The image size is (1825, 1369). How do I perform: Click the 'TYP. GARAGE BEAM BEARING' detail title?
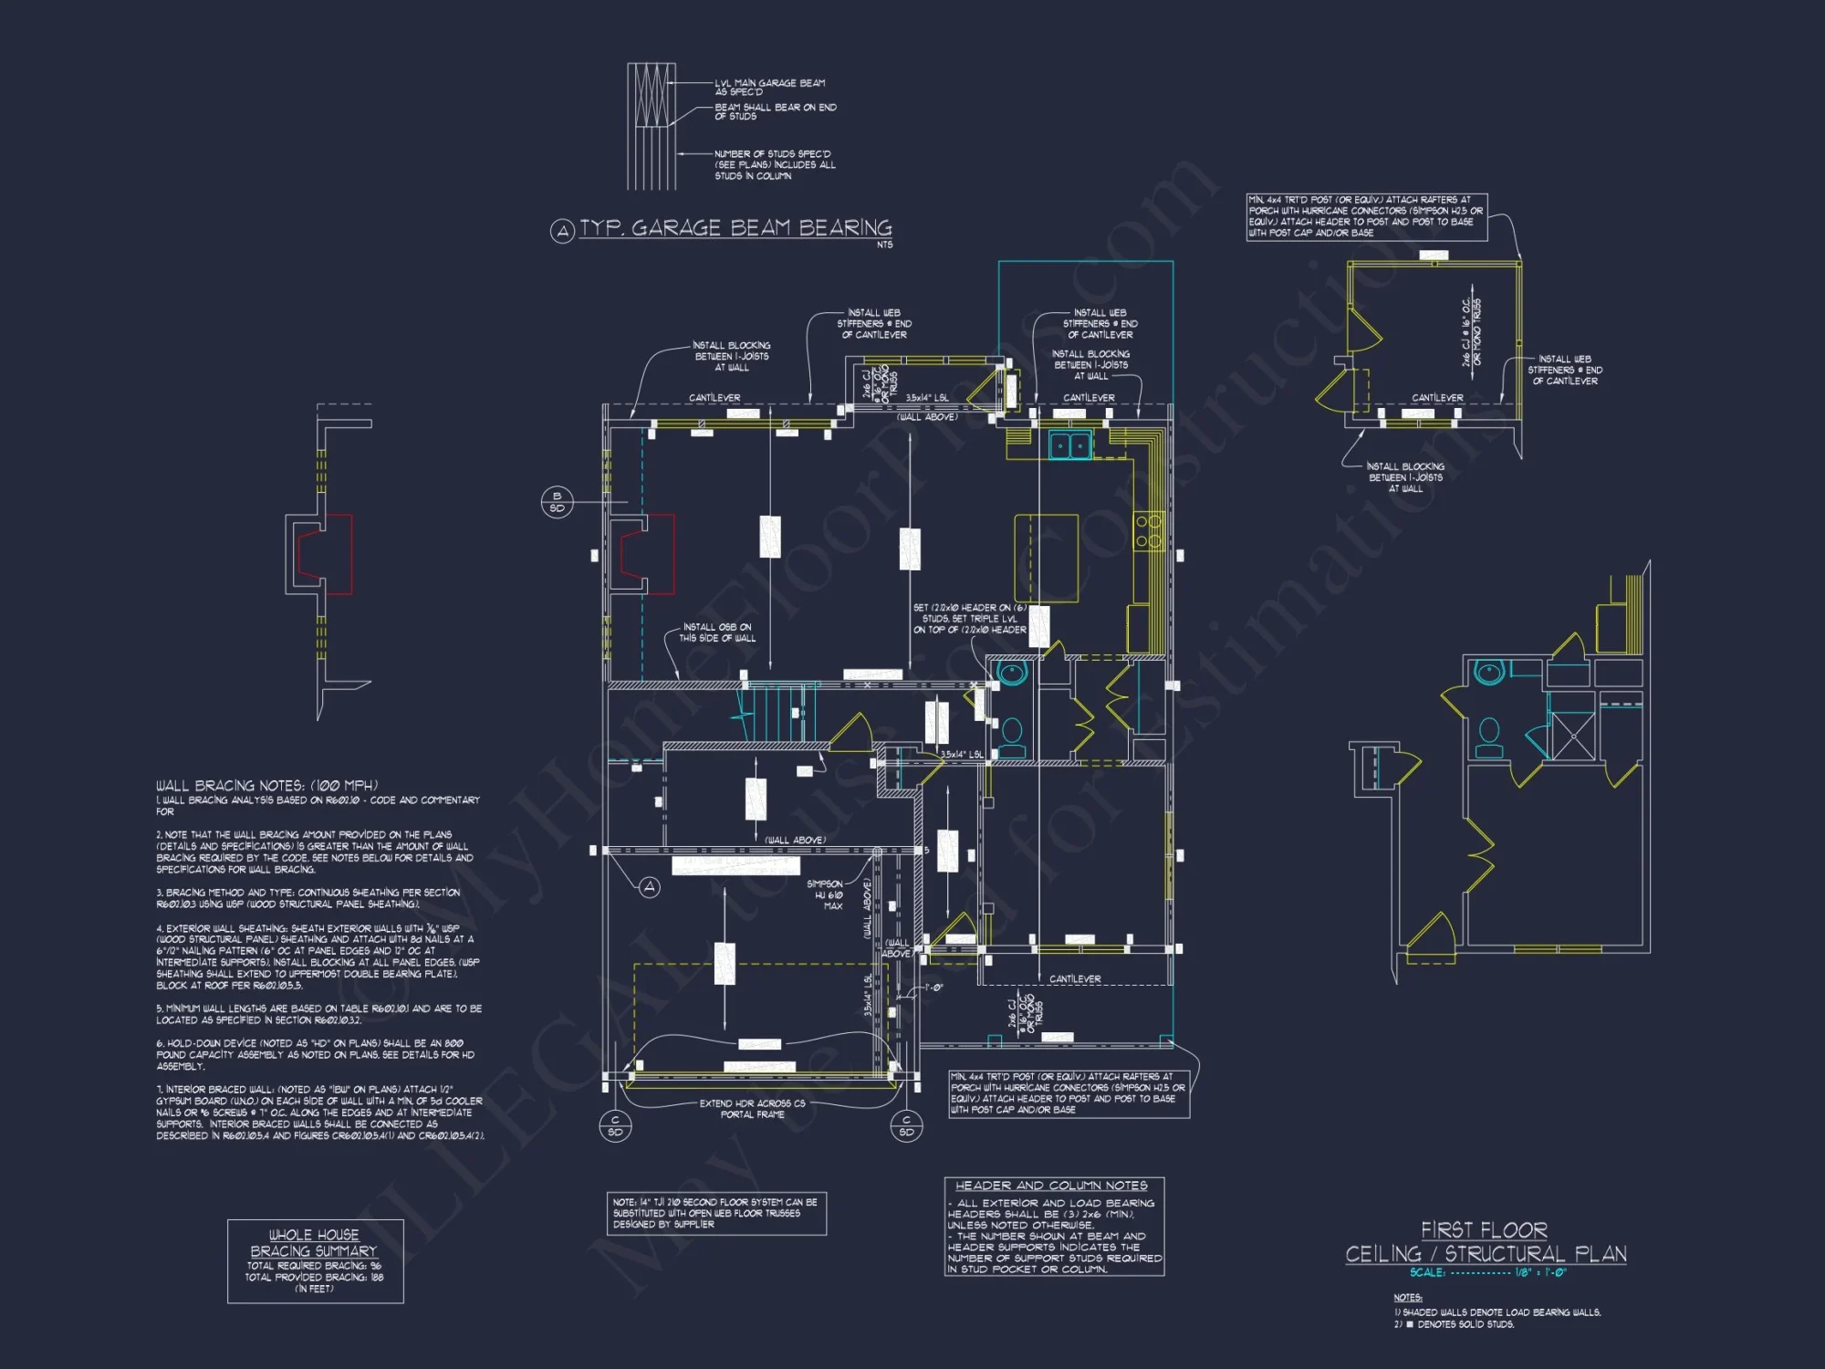point(735,227)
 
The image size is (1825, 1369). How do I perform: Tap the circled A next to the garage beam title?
point(562,231)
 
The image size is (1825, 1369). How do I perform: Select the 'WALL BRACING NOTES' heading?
point(266,786)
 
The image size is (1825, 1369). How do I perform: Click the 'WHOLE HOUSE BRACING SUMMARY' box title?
point(314,1242)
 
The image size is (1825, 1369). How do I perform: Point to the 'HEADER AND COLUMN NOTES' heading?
point(1051,1186)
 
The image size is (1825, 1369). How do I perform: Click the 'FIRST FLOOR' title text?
point(1484,1230)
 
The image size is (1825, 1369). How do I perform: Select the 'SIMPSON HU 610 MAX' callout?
point(826,894)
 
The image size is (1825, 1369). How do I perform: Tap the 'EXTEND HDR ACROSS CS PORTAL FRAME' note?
point(752,1109)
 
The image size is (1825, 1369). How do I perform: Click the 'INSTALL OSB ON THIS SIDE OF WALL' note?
point(717,632)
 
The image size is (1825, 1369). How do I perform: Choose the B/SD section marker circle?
point(557,502)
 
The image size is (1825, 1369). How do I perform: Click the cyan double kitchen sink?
point(1069,445)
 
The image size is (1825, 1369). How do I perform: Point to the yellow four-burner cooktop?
point(1148,531)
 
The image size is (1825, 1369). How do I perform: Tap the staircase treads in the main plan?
point(776,715)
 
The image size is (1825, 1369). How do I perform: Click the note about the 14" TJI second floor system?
point(715,1213)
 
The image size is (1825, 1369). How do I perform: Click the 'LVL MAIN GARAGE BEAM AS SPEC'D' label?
point(769,87)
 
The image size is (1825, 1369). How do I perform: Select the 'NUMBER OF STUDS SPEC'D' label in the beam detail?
point(774,165)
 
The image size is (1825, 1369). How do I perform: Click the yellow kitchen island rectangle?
point(1047,558)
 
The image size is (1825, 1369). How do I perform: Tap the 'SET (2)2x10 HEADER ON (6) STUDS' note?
point(969,619)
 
